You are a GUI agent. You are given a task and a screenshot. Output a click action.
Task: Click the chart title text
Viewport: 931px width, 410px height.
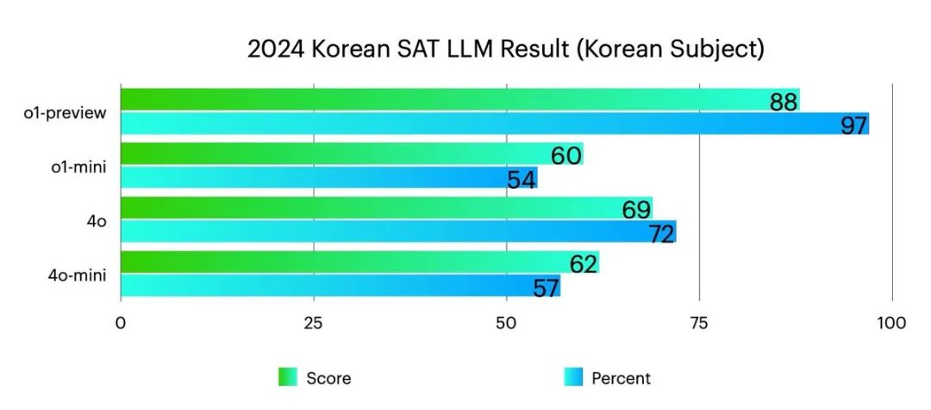[x=505, y=49]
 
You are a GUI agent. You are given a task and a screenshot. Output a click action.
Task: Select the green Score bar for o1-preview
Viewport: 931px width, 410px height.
[x=431, y=99]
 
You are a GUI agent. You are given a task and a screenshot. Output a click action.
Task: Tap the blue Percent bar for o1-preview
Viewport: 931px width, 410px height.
[x=483, y=123]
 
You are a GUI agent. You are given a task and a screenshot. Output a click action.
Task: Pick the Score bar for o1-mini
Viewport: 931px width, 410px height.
[x=345, y=154]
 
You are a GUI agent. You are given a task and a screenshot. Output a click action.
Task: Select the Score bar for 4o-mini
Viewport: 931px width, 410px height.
[x=353, y=262]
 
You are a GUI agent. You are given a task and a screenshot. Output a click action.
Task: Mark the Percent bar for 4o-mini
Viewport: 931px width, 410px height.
[x=336, y=286]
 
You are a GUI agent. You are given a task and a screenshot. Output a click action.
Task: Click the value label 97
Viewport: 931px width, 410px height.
[x=853, y=126]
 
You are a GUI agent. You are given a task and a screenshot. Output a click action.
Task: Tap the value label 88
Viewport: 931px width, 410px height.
[x=783, y=103]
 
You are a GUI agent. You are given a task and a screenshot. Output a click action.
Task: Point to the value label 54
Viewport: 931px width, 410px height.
[x=522, y=180]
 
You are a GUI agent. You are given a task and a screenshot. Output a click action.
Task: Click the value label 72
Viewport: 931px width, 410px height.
[x=661, y=233]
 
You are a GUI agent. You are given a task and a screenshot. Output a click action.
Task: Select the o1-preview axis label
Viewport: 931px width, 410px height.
[x=66, y=112]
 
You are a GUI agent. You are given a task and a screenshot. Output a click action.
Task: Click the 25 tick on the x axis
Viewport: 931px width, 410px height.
[x=313, y=324]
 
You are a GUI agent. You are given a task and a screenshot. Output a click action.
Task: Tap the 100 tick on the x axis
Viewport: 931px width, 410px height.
[x=890, y=324]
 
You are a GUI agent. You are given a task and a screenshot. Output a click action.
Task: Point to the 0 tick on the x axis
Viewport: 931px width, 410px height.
[x=121, y=324]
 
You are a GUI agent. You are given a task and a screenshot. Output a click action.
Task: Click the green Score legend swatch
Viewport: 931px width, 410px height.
[x=287, y=377]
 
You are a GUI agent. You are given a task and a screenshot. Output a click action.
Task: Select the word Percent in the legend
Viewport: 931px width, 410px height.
[x=621, y=378]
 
